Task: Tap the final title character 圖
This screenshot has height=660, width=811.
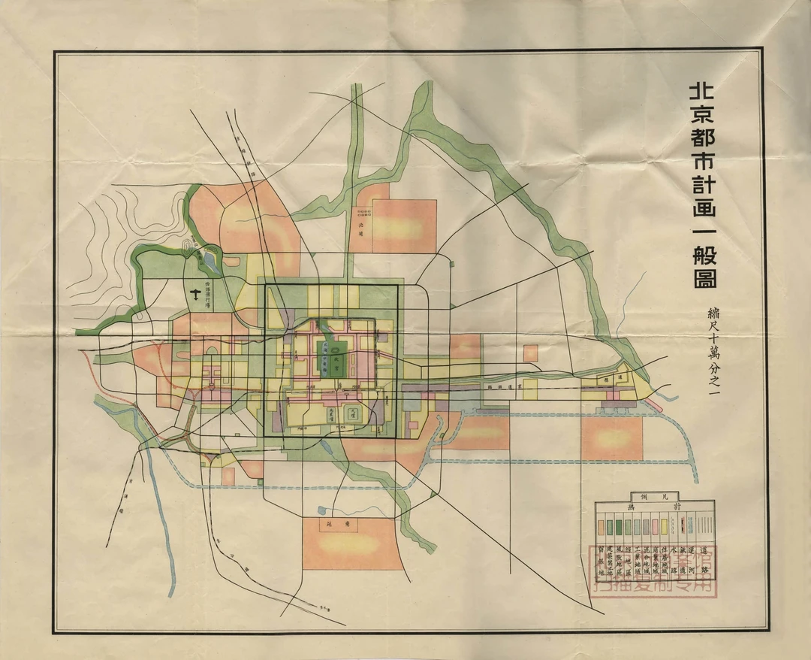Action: coord(703,277)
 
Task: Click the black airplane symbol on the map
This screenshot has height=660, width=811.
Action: coord(198,295)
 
